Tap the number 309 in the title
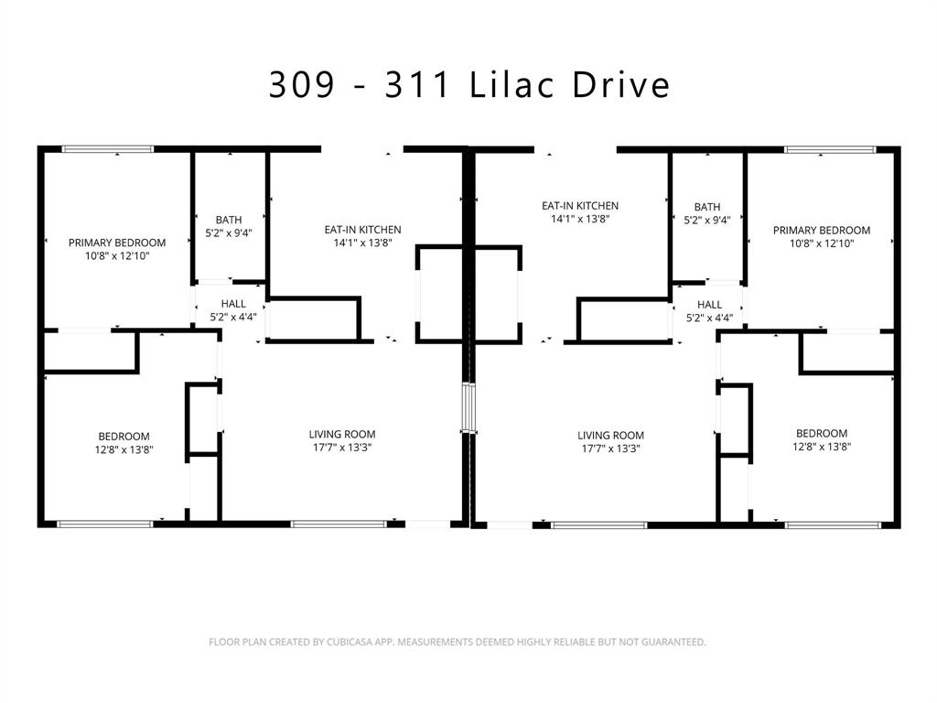tap(301, 84)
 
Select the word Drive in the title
tap(621, 84)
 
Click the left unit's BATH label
tap(229, 220)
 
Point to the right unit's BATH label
tap(707, 207)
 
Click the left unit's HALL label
tap(233, 304)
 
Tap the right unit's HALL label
tap(709, 304)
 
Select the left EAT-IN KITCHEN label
tap(362, 230)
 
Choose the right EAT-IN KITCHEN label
tap(580, 206)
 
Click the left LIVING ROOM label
tap(342, 434)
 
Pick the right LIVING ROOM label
tap(610, 435)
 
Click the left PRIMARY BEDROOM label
tap(117, 243)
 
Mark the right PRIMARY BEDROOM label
tap(822, 230)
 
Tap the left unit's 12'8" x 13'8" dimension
tap(124, 449)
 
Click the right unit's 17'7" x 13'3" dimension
tap(610, 449)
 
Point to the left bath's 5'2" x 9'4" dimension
tap(229, 233)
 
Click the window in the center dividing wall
tap(469, 408)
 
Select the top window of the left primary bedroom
tap(108, 149)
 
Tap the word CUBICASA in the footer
tap(349, 642)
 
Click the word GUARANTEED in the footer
tap(673, 642)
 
